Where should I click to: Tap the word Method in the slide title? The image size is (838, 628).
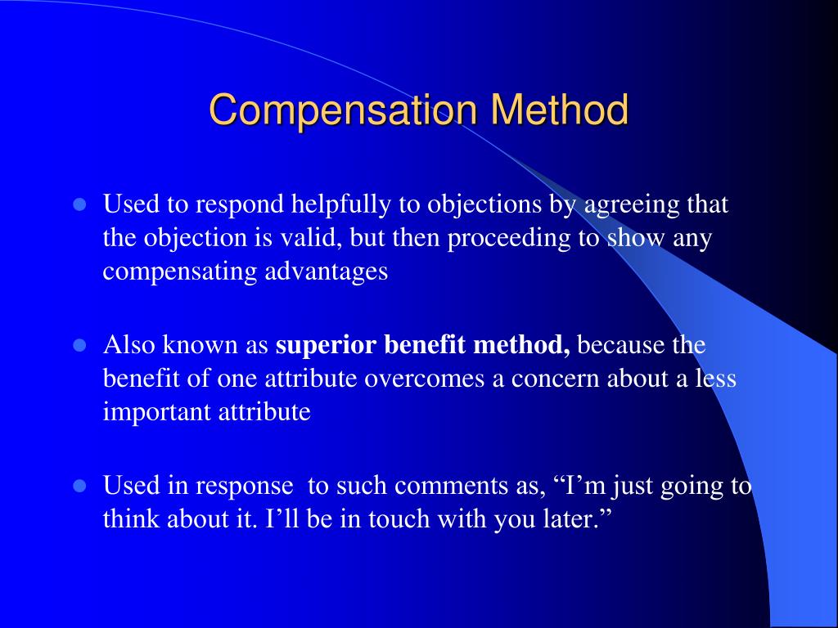[560, 110]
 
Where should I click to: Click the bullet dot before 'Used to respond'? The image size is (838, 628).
[80, 204]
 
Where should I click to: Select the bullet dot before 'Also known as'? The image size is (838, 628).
[80, 345]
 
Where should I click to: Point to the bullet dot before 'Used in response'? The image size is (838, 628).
[80, 486]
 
